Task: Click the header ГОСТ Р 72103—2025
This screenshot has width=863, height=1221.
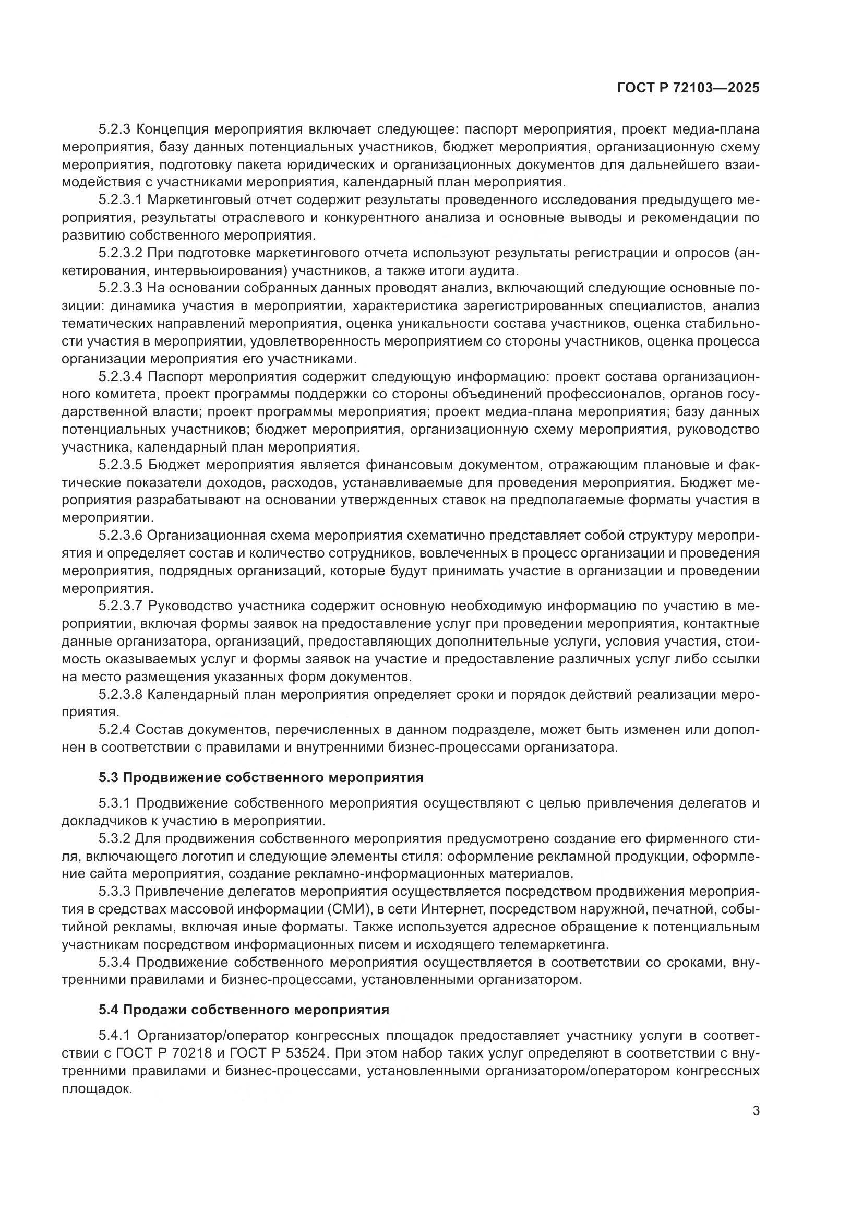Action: coord(688,88)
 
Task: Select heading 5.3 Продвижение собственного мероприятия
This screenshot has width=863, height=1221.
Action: coord(261,777)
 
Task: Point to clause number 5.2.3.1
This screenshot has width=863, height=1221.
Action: coord(121,200)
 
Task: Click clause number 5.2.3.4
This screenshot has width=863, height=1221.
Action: coord(121,377)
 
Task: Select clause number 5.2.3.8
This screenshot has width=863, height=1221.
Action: coord(121,694)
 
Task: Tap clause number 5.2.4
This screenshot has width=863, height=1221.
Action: coord(114,729)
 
